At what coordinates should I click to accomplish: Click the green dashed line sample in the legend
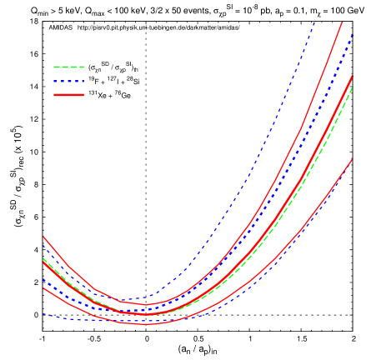[68, 67]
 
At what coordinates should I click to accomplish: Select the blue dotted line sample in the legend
[68, 81]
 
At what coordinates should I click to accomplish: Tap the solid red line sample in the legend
[68, 95]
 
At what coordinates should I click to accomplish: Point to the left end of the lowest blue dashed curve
[43, 314]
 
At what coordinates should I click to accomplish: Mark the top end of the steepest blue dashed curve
[315, 21]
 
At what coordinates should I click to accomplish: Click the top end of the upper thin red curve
[343, 22]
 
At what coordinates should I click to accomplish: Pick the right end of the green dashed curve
[352, 87]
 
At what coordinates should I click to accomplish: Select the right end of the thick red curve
[352, 77]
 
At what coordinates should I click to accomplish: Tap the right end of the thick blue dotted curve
[353, 34]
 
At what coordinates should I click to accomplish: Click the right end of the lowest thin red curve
[352, 159]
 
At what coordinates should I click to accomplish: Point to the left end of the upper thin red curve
[43, 237]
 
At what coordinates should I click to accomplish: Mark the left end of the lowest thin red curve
[43, 288]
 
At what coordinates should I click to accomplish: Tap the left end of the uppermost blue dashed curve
[43, 246]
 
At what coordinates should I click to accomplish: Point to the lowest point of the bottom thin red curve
[144, 325]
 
